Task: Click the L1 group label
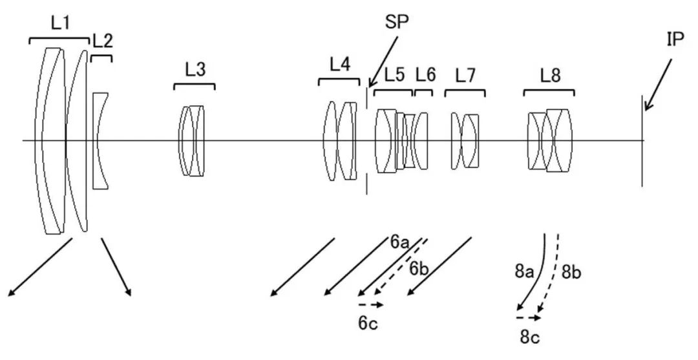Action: [x=60, y=23]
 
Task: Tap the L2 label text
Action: [x=102, y=41]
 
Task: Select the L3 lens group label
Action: [x=195, y=69]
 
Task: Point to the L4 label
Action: [x=340, y=65]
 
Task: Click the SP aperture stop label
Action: [x=397, y=22]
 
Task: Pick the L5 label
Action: [x=394, y=75]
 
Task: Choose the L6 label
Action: [x=425, y=75]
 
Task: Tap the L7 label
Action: [x=465, y=76]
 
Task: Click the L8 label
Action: [x=550, y=76]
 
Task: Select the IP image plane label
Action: [x=675, y=40]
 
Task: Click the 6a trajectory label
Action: [x=399, y=242]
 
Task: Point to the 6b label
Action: [x=419, y=269]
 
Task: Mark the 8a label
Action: [x=524, y=271]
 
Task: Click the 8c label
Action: [x=529, y=337]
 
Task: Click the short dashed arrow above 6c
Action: [x=371, y=305]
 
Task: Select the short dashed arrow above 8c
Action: [x=529, y=318]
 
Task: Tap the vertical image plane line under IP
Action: [x=642, y=141]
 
